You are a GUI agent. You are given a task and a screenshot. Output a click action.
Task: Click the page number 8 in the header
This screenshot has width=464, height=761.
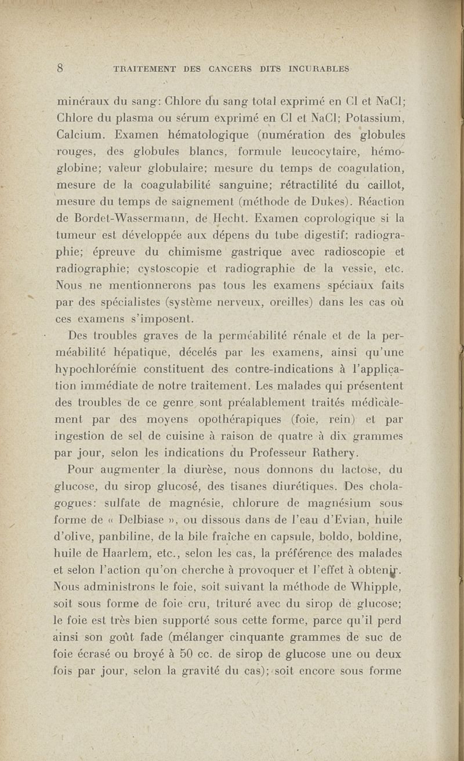point(60,67)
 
